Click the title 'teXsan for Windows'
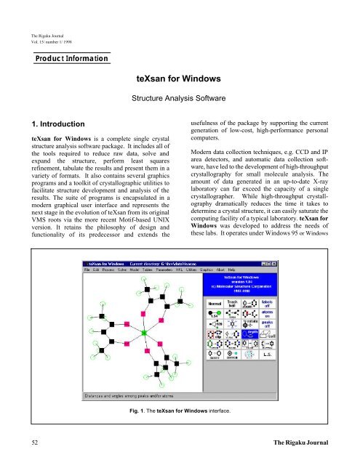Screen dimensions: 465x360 coord(180,76)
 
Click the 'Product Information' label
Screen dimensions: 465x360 coord(66,57)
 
